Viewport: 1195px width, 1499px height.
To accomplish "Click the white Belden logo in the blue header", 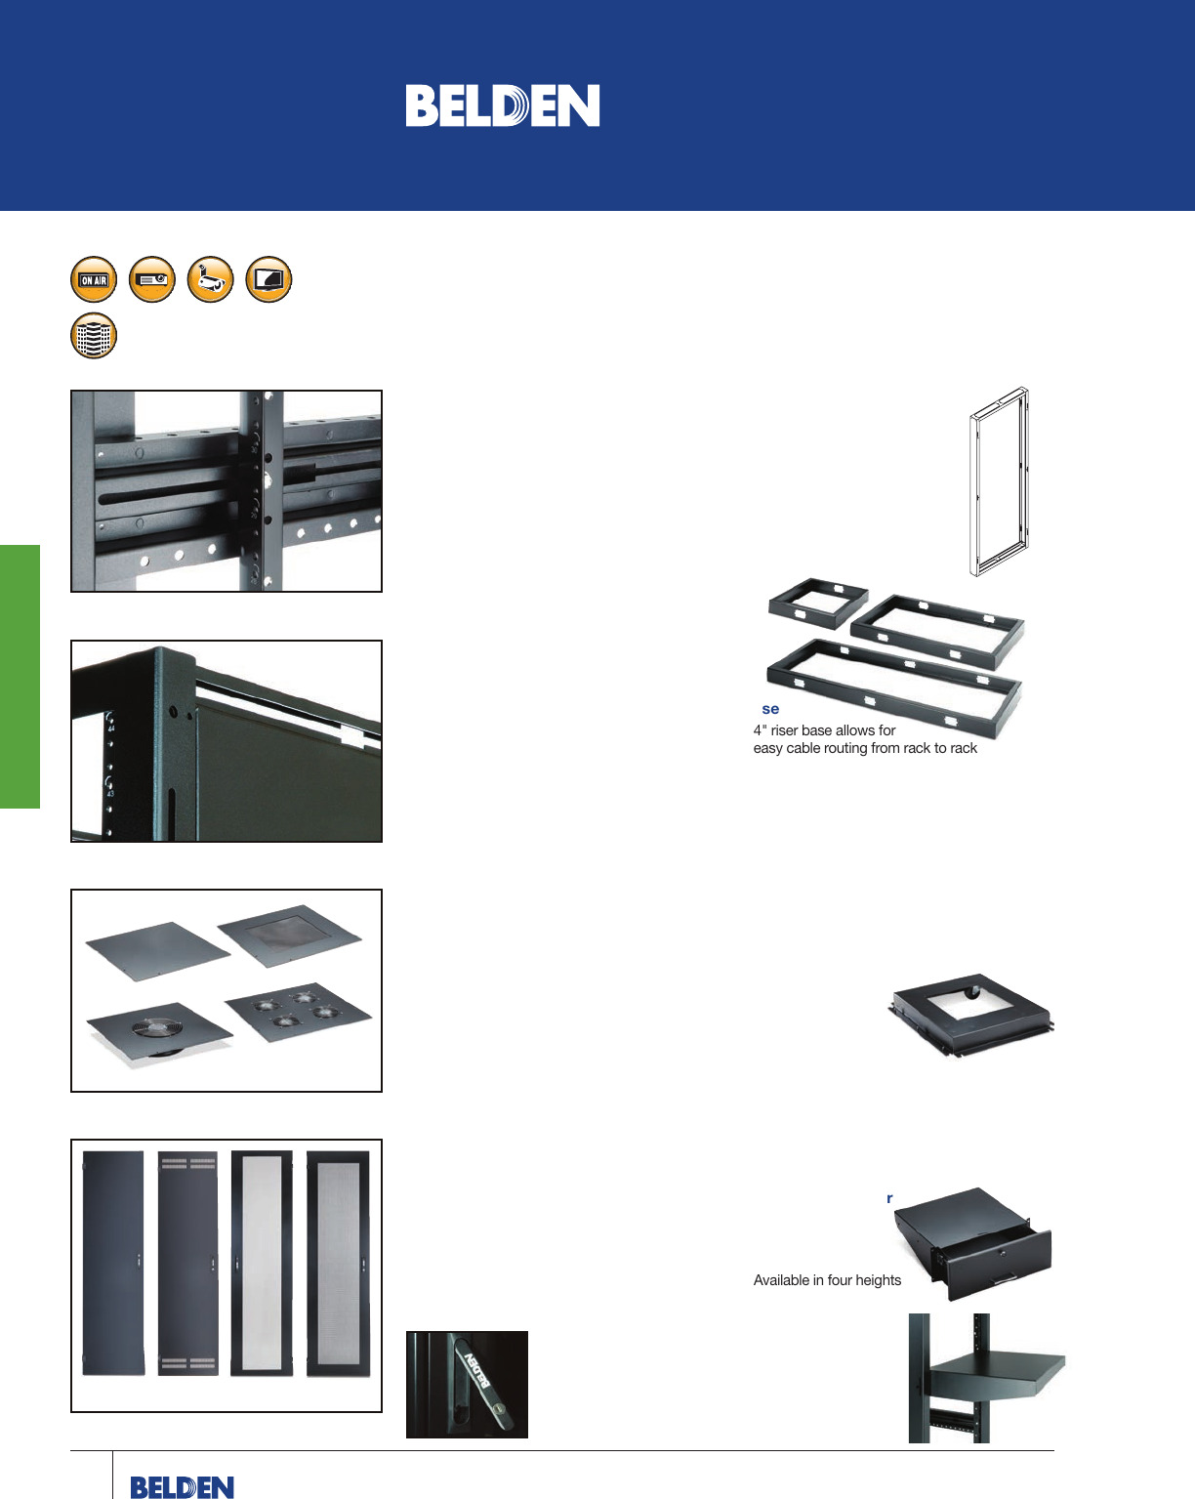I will pyautogui.click(x=502, y=105).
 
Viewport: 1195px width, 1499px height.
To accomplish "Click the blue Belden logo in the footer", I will pyautogui.click(x=182, y=1486).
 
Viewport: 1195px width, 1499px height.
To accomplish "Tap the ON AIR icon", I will pyautogui.click(x=94, y=280).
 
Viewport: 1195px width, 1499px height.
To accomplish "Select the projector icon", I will pyautogui.click(x=152, y=280).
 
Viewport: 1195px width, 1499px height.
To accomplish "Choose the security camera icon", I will pyautogui.click(x=211, y=280).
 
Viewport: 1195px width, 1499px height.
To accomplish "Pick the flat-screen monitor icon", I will pyautogui.click(x=268, y=280).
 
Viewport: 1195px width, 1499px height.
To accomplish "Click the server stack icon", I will pyautogui.click(x=94, y=336).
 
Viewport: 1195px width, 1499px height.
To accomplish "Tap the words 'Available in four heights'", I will pyautogui.click(x=827, y=1280).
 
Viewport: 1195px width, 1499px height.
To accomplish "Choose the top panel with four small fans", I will pyautogui.click(x=297, y=1011).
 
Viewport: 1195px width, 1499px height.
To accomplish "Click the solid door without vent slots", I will pyautogui.click(x=112, y=1264).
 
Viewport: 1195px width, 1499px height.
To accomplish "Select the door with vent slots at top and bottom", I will pyautogui.click(x=188, y=1264).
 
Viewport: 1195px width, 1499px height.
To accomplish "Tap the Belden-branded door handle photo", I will pyautogui.click(x=467, y=1385).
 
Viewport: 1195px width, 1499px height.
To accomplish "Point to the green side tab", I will pyautogui.click(x=20, y=676).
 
